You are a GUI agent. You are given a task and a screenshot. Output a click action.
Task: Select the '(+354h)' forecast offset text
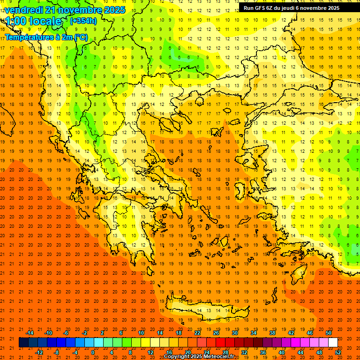pyautogui.click(x=83, y=21)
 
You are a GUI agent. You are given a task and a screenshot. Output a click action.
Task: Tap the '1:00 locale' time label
pyautogui.click(x=34, y=21)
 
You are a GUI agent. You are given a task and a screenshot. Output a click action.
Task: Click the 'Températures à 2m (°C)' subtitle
pyautogui.click(x=46, y=37)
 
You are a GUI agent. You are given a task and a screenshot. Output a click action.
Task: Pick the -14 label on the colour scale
pyautogui.click(x=30, y=332)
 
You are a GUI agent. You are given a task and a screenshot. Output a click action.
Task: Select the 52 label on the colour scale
pyautogui.click(x=337, y=352)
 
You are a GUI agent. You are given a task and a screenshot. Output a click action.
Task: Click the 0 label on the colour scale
pyautogui.click(x=93, y=352)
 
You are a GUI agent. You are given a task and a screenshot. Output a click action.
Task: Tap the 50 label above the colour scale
pyautogui.click(x=328, y=332)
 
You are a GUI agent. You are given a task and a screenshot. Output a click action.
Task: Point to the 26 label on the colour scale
pyautogui.click(x=216, y=332)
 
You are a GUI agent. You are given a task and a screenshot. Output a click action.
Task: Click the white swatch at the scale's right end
pyautogui.click(x=333, y=343)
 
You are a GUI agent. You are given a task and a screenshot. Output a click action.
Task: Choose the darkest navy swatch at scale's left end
pyautogui.click(x=24, y=343)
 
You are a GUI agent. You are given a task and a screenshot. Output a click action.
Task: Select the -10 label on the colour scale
pyautogui.click(x=48, y=332)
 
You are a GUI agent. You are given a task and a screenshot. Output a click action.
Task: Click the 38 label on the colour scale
pyautogui.click(x=272, y=332)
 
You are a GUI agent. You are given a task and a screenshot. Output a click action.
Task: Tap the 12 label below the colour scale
pyautogui.click(x=150, y=352)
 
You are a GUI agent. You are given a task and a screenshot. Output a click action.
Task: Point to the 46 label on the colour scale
pyautogui.click(x=309, y=332)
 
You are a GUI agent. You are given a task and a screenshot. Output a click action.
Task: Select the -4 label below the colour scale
pyautogui.click(x=75, y=352)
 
